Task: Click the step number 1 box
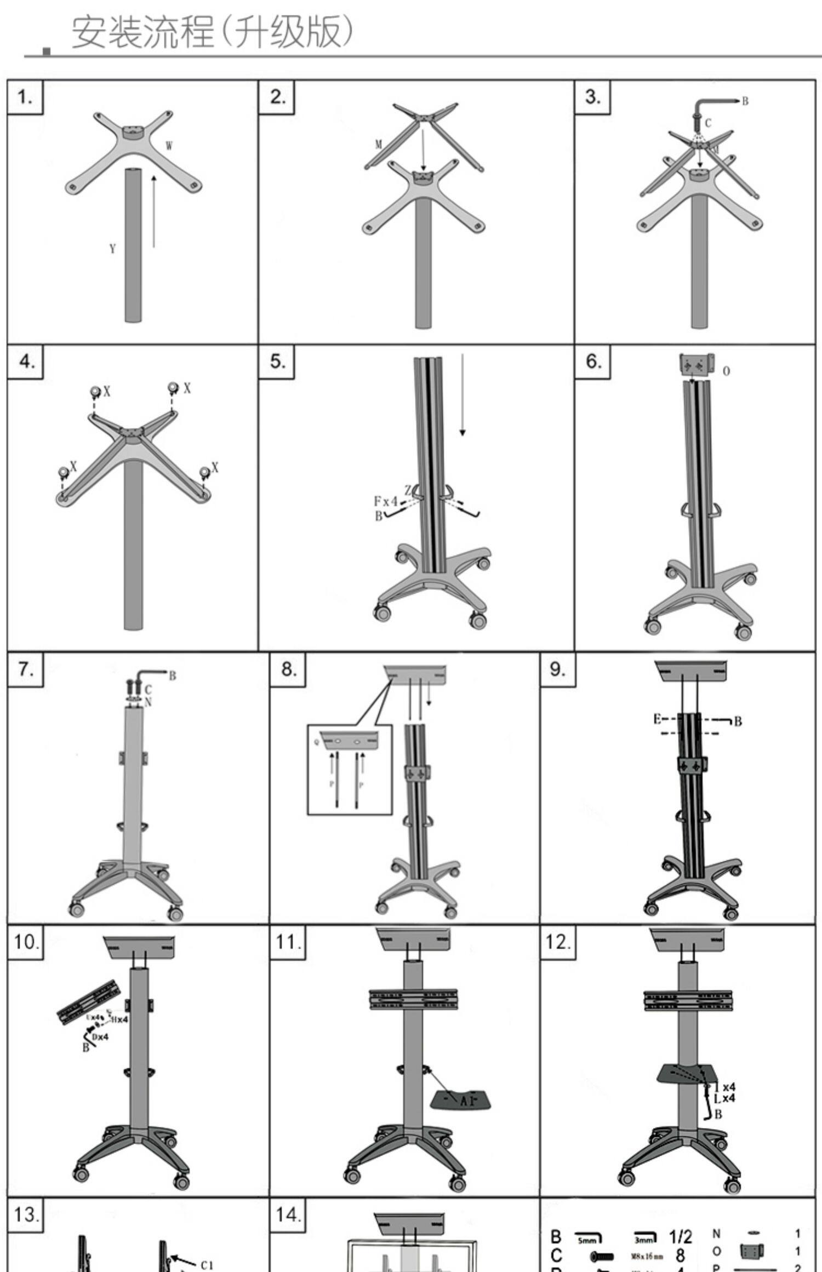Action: [25, 98]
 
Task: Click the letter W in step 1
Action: [169, 146]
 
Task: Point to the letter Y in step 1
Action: [112, 249]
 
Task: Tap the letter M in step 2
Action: [378, 145]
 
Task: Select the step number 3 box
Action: [592, 97]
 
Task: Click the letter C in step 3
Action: [708, 123]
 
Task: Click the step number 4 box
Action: [25, 362]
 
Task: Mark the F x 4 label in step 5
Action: [385, 501]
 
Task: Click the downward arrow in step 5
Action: [463, 394]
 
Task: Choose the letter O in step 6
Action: [726, 371]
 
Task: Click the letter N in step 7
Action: [148, 702]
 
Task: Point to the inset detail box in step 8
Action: [349, 769]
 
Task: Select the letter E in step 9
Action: [657, 719]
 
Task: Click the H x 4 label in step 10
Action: [119, 1019]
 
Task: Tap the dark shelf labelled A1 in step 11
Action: [460, 1099]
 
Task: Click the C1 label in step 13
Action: [207, 1261]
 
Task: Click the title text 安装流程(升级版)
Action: [213, 32]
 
